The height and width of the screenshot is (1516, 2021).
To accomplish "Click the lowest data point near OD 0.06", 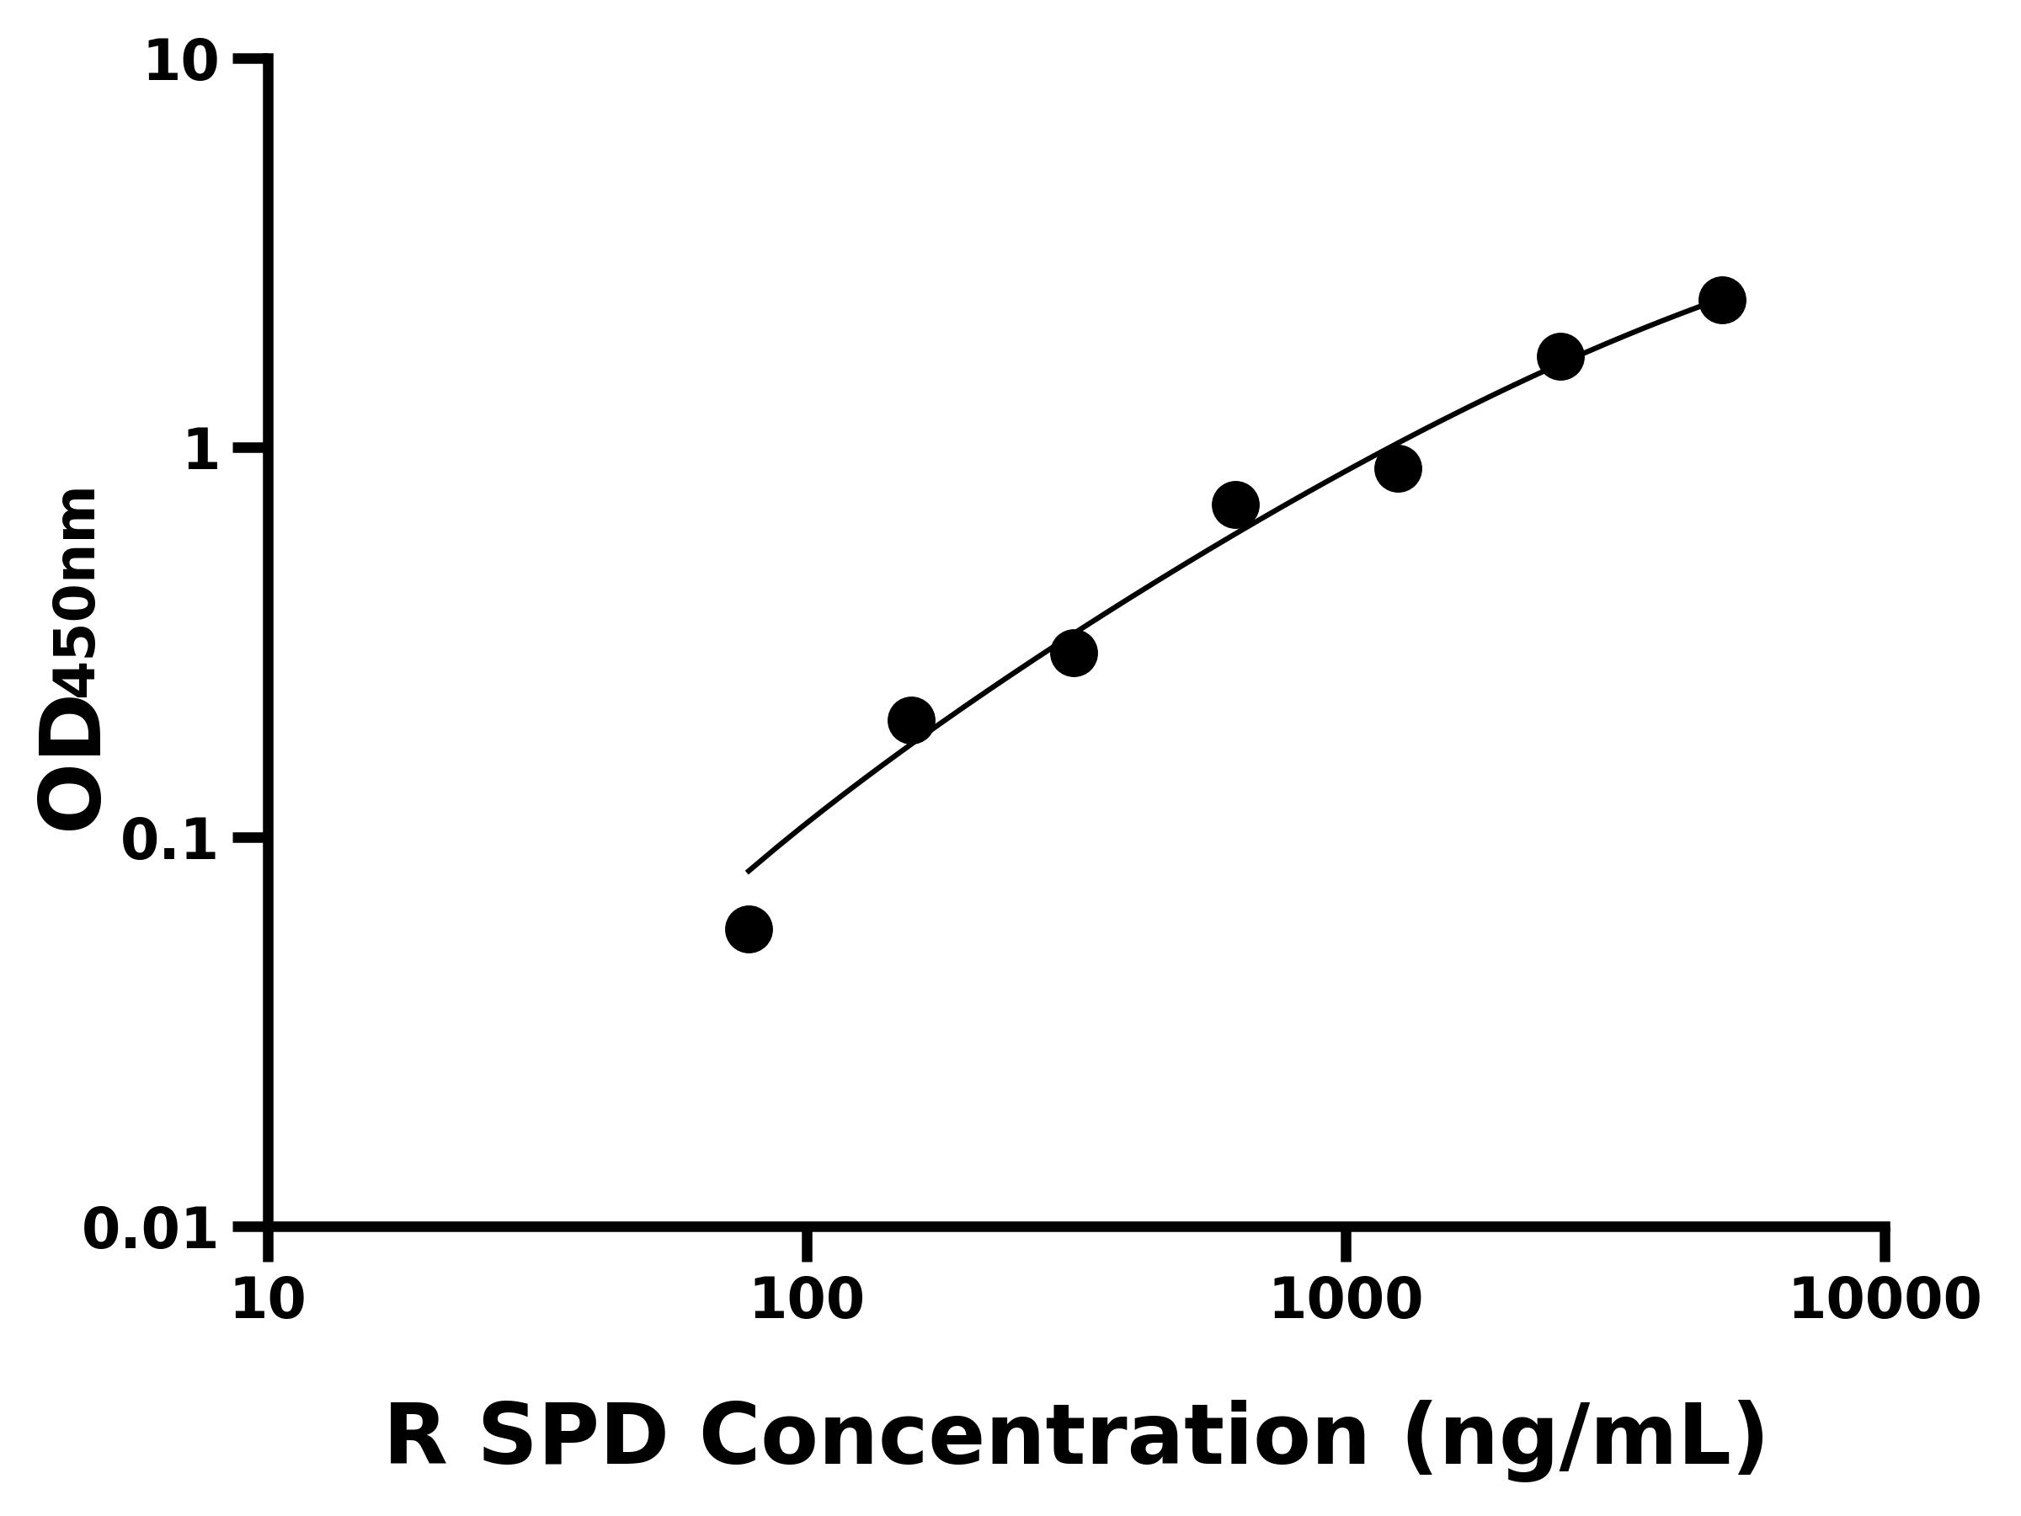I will [749, 929].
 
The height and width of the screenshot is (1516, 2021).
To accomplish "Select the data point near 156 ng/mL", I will [911, 721].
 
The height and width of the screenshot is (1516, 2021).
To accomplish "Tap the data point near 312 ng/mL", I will [1074, 654].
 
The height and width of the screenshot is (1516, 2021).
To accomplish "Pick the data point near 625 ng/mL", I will [1235, 505].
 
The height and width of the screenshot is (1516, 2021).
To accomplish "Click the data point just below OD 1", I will [1398, 469].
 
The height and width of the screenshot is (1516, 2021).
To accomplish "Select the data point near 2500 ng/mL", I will [1560, 356].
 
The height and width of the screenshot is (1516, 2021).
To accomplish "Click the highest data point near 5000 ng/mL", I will [1722, 301].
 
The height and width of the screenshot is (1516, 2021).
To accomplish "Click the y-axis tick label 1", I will [201, 451].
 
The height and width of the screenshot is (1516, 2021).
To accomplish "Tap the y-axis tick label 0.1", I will [170, 841].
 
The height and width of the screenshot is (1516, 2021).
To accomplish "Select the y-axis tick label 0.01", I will [151, 1230].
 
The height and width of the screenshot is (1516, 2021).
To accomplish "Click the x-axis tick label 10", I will [268, 1300].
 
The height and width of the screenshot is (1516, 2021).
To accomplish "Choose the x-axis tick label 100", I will [807, 1300].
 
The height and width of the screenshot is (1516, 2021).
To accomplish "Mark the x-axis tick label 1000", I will [1346, 1300].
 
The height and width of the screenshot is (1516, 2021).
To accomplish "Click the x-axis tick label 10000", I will [1884, 1300].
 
